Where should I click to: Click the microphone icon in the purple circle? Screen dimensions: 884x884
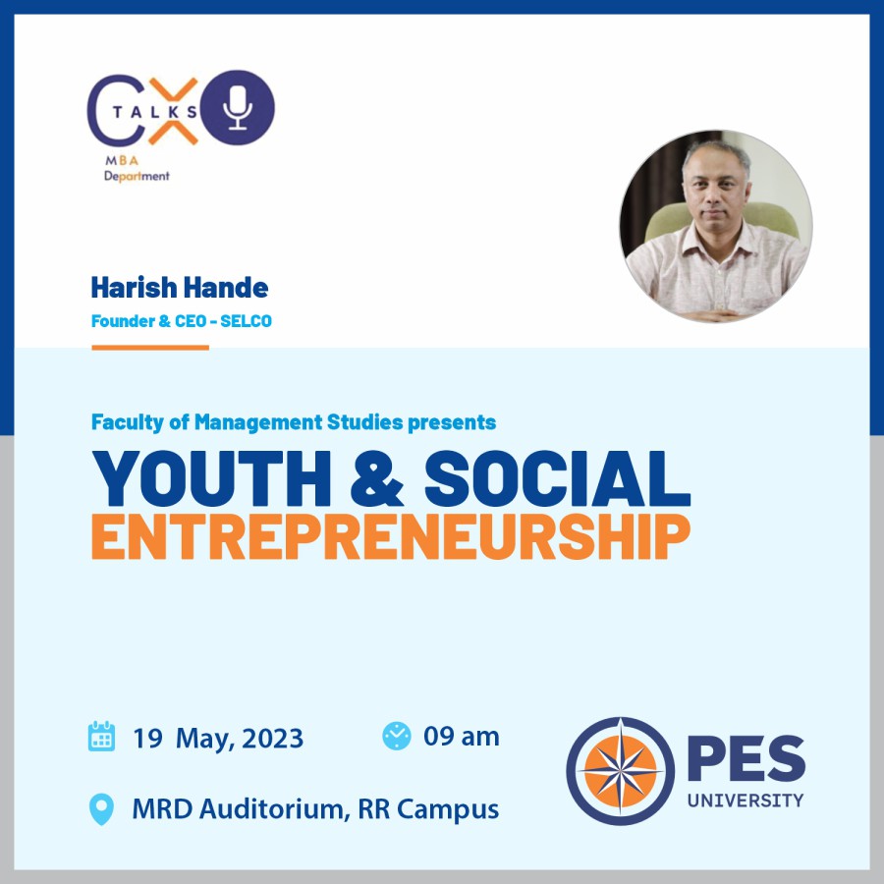[238, 108]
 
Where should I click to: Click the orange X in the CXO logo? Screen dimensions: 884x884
[173, 111]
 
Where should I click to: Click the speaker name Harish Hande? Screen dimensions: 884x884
[180, 288]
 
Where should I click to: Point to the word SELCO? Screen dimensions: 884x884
[246, 321]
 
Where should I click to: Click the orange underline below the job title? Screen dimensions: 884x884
[150, 348]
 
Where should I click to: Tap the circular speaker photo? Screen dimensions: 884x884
[716, 226]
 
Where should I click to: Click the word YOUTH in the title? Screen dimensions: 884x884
[211, 478]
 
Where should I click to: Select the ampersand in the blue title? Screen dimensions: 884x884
[376, 478]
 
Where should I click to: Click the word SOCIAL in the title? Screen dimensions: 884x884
[558, 478]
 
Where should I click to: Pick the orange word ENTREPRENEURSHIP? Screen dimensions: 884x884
[391, 536]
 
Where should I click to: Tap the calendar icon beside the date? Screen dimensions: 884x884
[101, 736]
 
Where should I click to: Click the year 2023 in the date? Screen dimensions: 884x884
[273, 738]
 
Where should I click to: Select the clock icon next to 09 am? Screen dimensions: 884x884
[397, 736]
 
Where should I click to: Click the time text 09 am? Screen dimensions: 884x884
[462, 737]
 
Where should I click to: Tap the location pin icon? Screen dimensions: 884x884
[101, 809]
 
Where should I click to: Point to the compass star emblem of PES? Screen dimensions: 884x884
[620, 771]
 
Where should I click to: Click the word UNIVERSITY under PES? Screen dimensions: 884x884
[746, 801]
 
